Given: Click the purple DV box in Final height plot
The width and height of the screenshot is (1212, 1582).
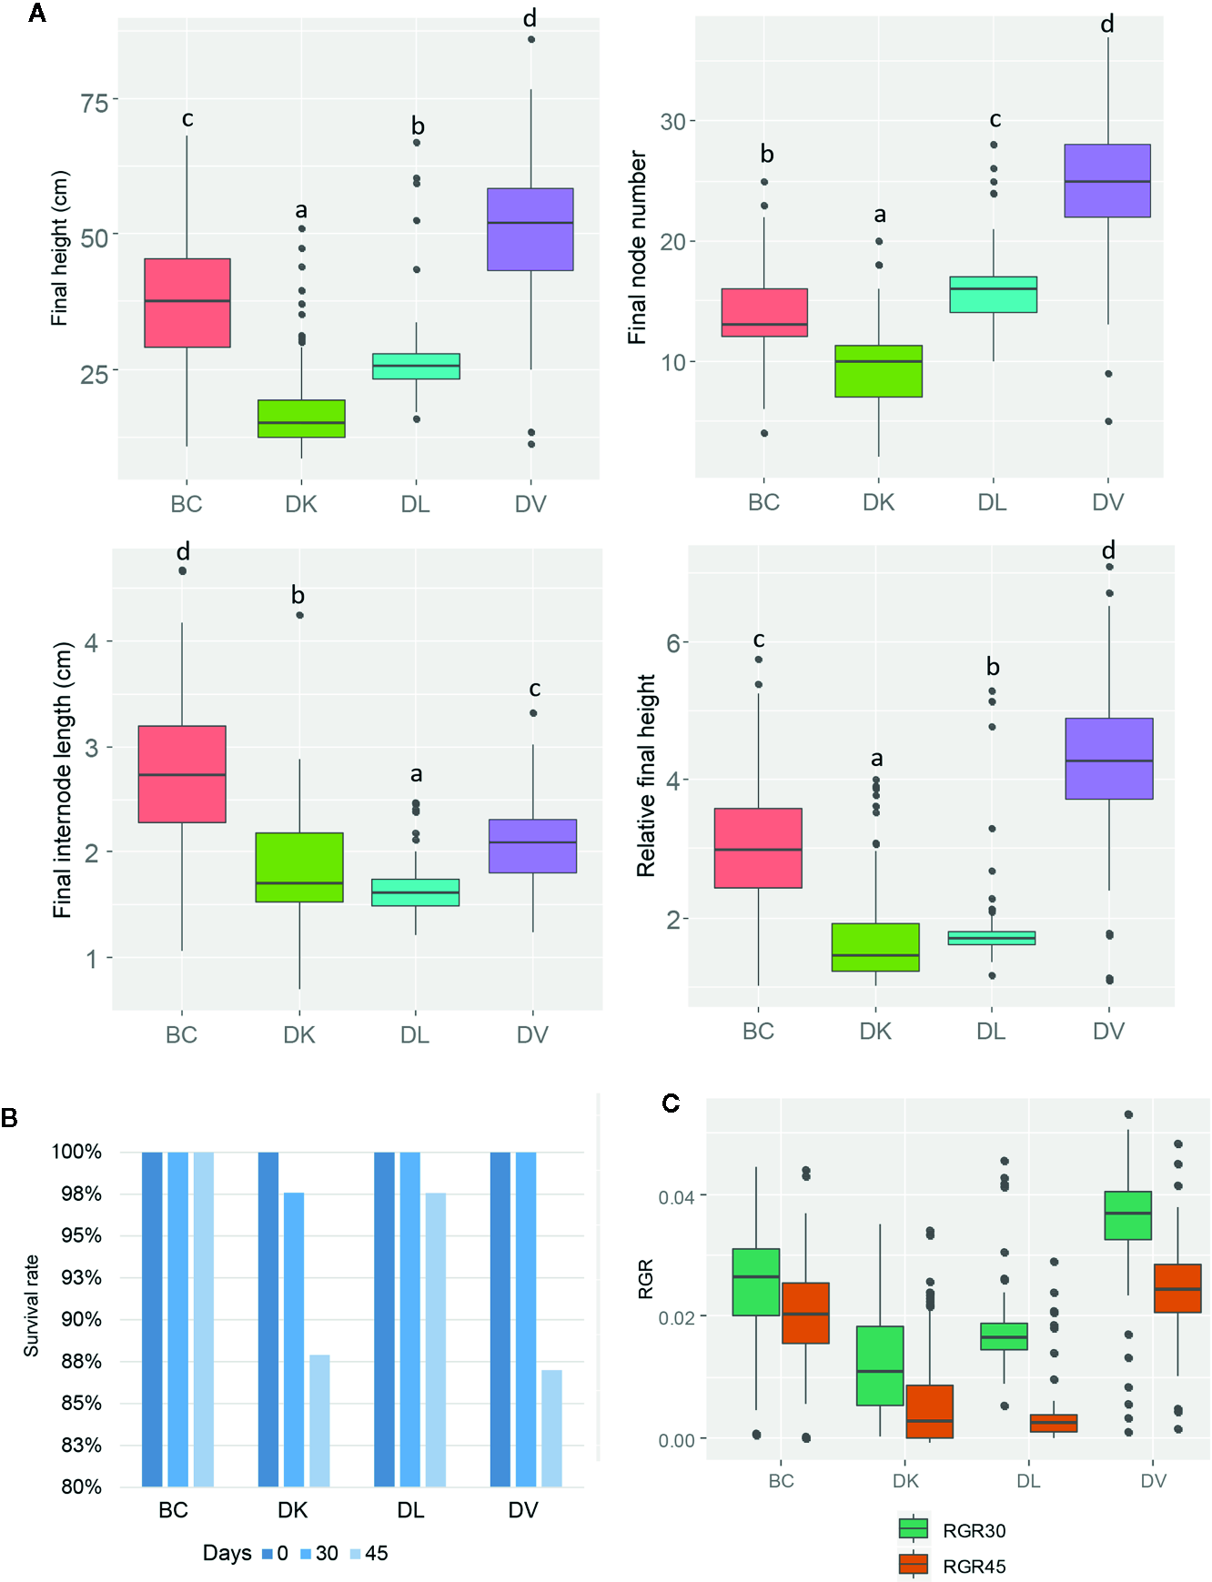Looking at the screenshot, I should pos(530,229).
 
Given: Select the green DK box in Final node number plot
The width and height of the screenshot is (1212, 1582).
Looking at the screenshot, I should pos(878,371).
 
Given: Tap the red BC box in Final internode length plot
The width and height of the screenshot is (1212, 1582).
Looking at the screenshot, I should pos(182,774).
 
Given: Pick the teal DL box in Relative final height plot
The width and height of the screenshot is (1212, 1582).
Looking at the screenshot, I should pos(991,938).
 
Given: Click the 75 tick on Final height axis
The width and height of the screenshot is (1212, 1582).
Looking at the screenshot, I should pos(95,102).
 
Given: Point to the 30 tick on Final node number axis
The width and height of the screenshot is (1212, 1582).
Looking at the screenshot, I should pos(672,121).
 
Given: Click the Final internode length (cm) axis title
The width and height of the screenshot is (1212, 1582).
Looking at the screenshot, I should pos(62,780).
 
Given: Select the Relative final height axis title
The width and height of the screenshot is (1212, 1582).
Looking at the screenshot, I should pos(646,775).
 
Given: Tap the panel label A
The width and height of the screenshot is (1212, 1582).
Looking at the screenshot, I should pos(37,14).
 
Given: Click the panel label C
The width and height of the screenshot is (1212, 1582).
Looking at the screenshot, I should pos(671,1103).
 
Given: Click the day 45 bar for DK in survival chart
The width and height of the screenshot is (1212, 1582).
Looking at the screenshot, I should pos(319,1420).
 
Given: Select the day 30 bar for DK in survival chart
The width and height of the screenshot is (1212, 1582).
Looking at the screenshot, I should pos(294,1339).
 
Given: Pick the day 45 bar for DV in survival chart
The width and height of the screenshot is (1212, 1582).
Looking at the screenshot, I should pos(551,1427).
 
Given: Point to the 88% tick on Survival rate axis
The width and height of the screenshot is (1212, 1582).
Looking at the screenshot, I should pos(81,1361).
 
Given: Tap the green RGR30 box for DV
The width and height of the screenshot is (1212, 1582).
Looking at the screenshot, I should pos(1127,1215).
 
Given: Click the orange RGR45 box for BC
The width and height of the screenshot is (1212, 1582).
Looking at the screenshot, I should pos(805,1313).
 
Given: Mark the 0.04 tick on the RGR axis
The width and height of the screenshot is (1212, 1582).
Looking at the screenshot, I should pos(676,1196).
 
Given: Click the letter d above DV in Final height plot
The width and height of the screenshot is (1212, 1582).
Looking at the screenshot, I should pos(530,17).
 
